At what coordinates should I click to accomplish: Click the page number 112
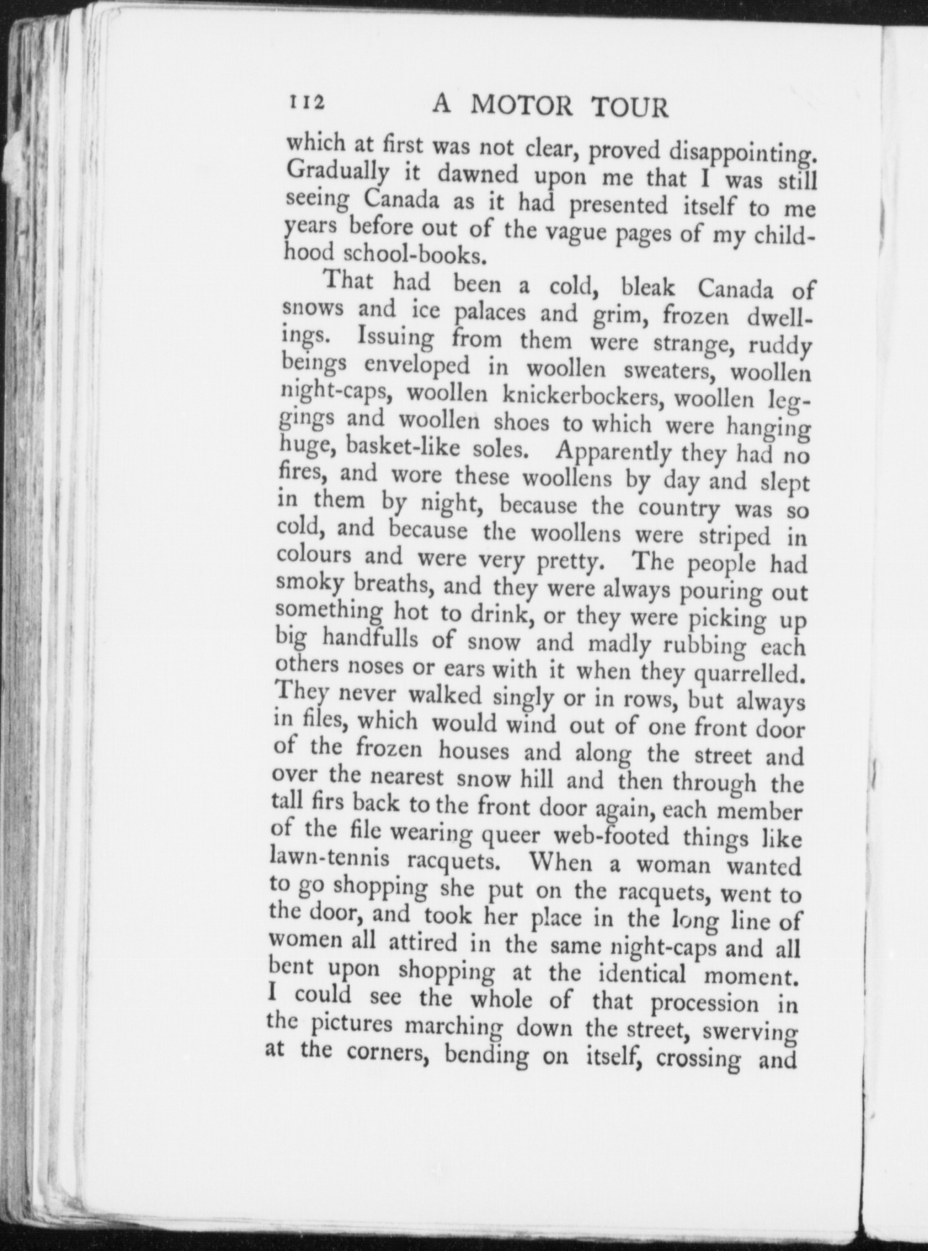305,102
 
